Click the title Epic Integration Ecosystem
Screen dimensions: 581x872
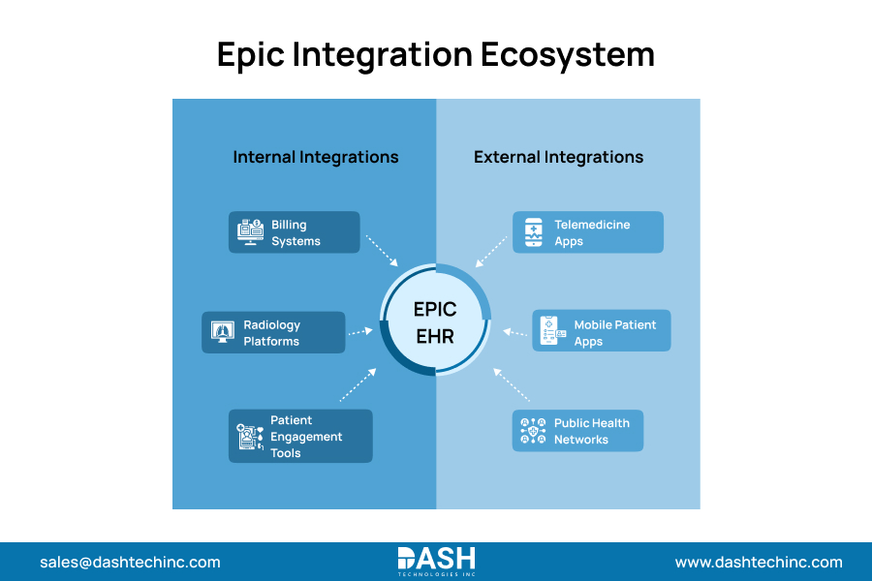click(x=436, y=54)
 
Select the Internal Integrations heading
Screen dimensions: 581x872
click(x=316, y=157)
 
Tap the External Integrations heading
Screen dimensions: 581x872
click(x=558, y=157)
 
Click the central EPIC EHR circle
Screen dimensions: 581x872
click(x=436, y=322)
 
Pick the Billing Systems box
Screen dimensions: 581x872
click(x=295, y=232)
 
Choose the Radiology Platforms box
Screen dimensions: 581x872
click(x=273, y=332)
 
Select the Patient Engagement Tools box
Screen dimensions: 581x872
click(x=300, y=436)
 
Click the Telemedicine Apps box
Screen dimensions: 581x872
click(x=588, y=232)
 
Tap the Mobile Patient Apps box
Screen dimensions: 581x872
click(x=602, y=331)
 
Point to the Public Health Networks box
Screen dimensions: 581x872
click(x=578, y=431)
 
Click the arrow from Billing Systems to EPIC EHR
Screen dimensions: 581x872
click(x=382, y=250)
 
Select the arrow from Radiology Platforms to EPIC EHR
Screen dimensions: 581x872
click(x=361, y=331)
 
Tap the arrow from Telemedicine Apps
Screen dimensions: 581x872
click(x=491, y=252)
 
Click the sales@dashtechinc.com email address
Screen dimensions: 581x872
click(x=130, y=563)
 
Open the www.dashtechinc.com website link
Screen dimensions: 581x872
click(x=759, y=563)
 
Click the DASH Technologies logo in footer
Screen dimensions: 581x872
click(x=436, y=562)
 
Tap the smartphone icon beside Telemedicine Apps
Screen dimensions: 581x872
click(x=534, y=232)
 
